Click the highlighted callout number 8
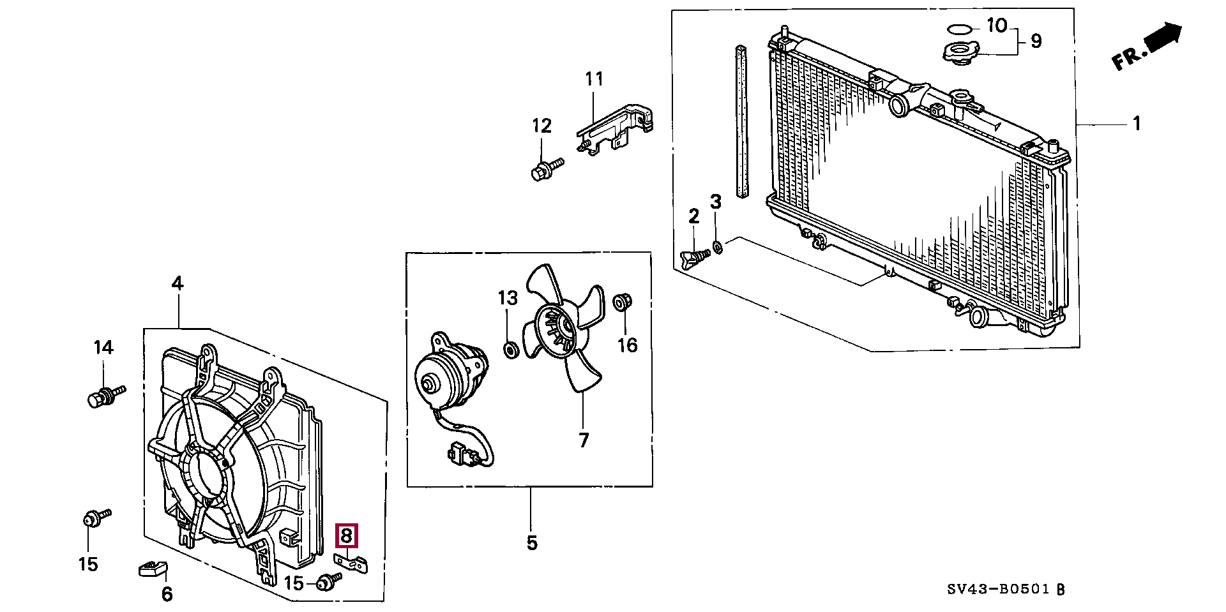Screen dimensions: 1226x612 pos(346,536)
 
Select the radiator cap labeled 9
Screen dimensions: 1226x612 pos(960,52)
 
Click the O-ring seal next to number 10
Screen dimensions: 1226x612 pos(960,29)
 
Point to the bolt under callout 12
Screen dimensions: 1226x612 pos(547,169)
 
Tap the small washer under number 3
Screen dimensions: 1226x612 pos(718,247)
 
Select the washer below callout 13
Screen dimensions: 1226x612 pos(510,350)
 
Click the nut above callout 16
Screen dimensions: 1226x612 pos(623,302)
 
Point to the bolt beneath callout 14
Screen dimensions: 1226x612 pos(106,396)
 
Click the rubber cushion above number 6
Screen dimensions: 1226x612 pos(153,568)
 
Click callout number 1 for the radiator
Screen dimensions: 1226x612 pos(1137,123)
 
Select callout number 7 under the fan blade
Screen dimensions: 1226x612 pos(584,440)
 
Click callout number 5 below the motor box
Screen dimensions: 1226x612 pos(532,543)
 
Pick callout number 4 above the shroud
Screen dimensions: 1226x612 pos(178,283)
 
